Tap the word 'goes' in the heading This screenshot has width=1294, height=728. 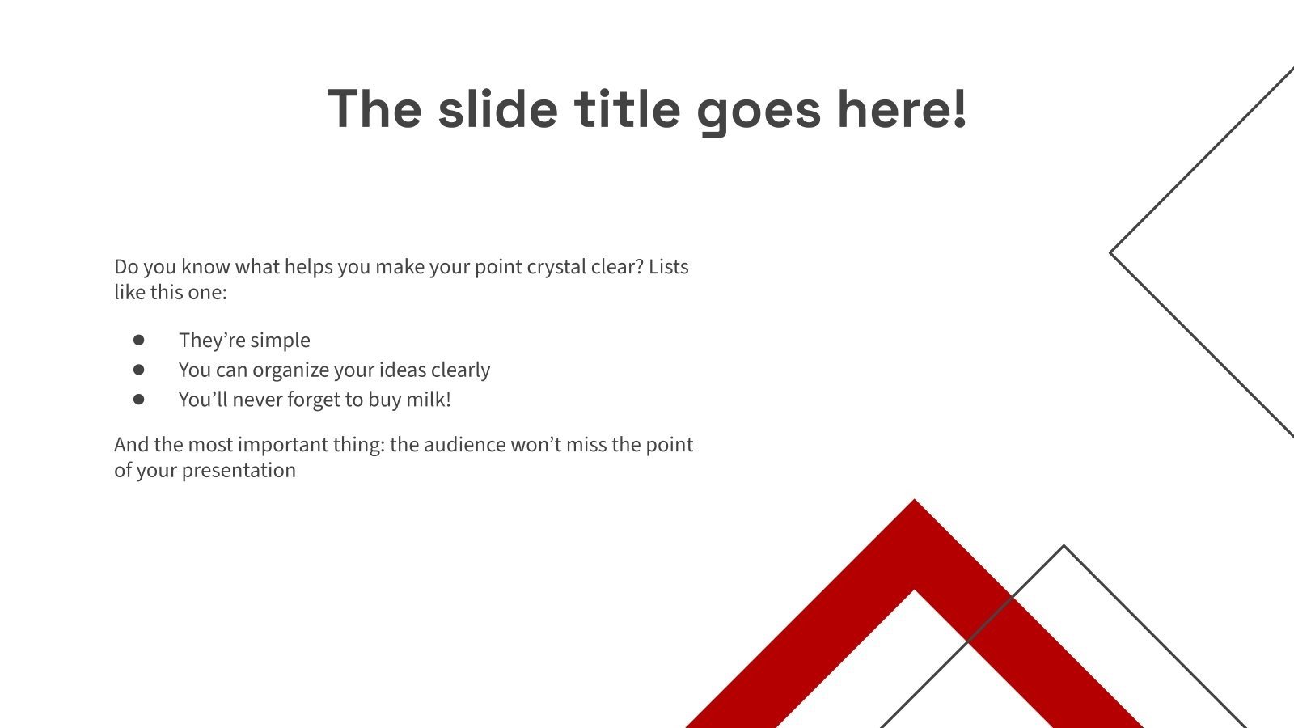click(x=758, y=111)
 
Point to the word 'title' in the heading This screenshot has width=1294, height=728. click(x=628, y=109)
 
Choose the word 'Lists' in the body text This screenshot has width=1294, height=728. click(x=668, y=266)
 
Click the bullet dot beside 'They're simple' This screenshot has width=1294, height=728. click(x=139, y=340)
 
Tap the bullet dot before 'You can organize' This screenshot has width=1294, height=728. click(x=139, y=370)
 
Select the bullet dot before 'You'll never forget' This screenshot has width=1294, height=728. click(x=139, y=399)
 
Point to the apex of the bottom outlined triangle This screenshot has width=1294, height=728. click(x=1064, y=548)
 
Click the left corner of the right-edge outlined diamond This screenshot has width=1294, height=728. click(x=1112, y=253)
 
